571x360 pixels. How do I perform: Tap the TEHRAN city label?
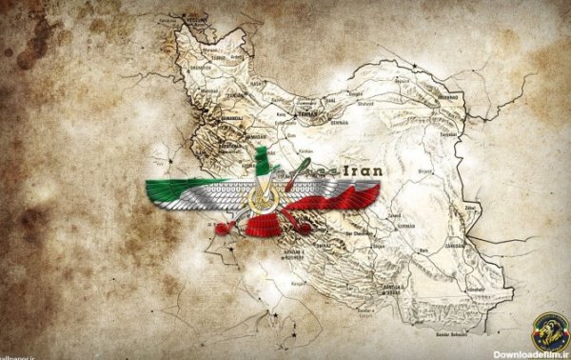(307, 113)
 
